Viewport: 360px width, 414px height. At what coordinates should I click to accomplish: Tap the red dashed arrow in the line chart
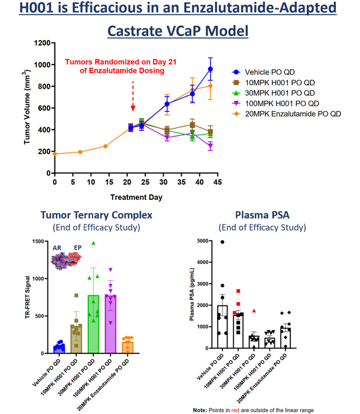point(133,95)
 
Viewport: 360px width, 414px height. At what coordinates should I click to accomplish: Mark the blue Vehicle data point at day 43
point(210,69)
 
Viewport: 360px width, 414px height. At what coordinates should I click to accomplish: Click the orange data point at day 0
point(55,154)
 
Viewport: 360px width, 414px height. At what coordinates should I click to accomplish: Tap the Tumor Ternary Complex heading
point(95,215)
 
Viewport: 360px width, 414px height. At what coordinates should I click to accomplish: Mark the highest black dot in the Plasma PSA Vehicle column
point(222,242)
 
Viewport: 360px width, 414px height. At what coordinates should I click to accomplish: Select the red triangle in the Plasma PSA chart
point(254,311)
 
